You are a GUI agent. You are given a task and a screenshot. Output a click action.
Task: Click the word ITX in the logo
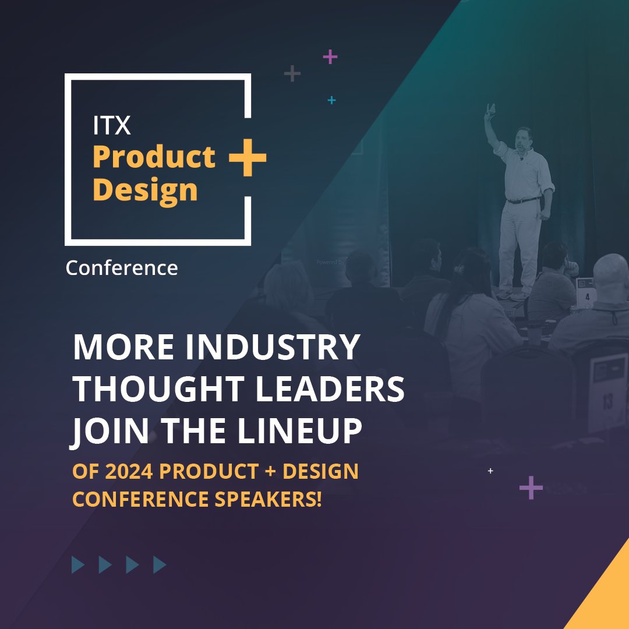[112, 125]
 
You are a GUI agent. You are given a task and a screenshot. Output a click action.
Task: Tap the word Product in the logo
[154, 157]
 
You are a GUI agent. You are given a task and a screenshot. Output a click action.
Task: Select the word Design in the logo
[145, 190]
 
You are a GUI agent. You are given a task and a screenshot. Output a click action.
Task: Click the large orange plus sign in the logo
[248, 157]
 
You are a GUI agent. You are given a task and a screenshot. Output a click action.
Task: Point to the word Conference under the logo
[122, 268]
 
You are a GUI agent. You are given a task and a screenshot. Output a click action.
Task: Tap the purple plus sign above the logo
[330, 57]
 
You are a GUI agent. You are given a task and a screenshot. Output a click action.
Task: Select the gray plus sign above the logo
[292, 74]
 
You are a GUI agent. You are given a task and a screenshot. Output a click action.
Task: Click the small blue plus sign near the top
[331, 100]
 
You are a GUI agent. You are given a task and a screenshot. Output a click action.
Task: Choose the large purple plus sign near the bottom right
[531, 487]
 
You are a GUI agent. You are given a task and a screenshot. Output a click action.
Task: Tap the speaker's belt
[523, 201]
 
